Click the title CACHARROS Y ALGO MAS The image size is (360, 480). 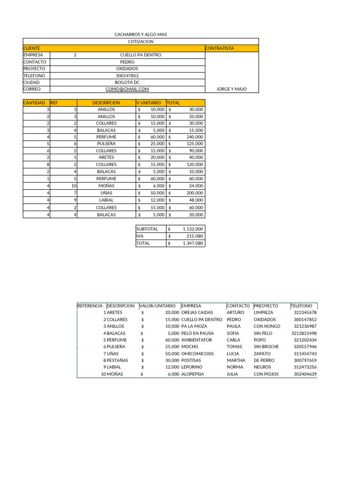pos(141,35)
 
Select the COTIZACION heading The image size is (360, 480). pos(141,42)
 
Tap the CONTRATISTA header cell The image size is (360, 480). pos(219,48)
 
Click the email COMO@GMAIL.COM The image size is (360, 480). pos(127,89)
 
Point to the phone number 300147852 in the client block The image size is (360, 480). pos(127,75)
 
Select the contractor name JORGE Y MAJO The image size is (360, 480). pos(232,89)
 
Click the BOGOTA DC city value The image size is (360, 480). pos(127,82)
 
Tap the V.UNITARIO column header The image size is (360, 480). pos(149,103)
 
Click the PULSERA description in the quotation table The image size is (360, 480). pos(106,144)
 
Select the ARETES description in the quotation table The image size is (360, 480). pos(106,157)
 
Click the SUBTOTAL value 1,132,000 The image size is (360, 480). pos(192,229)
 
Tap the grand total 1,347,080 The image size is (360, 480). pos(192,244)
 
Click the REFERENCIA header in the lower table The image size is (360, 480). pos(90,306)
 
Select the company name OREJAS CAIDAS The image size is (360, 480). pos(197,312)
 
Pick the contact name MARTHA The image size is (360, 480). pos(236,360)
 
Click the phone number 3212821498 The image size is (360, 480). pos(304,333)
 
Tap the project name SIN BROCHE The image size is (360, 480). pos(266,347)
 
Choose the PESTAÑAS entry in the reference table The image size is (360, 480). pos(117,360)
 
